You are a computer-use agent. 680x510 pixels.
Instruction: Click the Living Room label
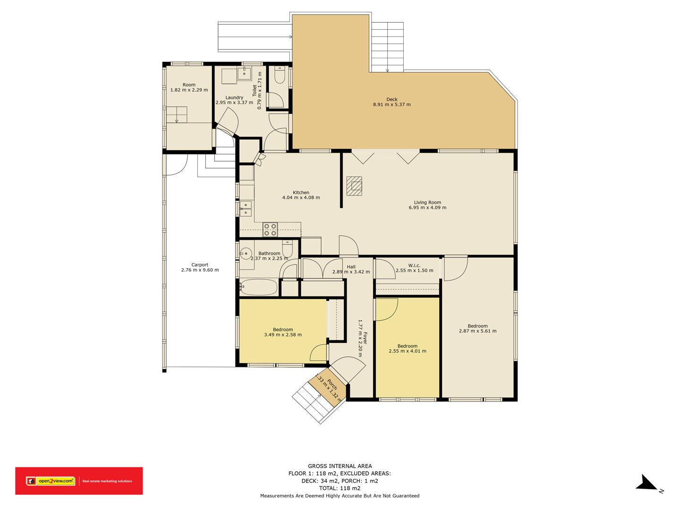click(x=427, y=202)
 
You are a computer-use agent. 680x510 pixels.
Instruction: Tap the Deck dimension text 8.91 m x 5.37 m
click(x=391, y=104)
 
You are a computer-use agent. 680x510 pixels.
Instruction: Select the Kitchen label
click(x=301, y=192)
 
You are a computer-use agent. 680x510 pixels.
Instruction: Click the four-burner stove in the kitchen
click(x=270, y=229)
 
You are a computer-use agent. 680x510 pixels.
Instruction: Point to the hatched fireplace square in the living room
click(x=354, y=186)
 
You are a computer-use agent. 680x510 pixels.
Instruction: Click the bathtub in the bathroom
click(x=259, y=287)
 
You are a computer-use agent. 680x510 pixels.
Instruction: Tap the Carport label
click(x=200, y=264)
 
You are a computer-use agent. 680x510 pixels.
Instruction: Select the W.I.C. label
click(x=414, y=265)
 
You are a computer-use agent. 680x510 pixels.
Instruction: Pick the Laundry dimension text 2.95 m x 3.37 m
click(x=234, y=102)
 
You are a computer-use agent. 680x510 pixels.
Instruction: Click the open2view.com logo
click(x=51, y=481)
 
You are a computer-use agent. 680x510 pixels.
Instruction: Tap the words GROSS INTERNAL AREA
click(x=340, y=466)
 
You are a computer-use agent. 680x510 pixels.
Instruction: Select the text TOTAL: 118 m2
click(x=340, y=488)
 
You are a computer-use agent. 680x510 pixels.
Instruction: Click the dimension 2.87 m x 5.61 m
click(x=477, y=331)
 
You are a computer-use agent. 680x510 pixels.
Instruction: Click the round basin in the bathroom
click(x=246, y=254)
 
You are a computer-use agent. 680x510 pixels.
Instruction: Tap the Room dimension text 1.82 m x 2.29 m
click(x=189, y=90)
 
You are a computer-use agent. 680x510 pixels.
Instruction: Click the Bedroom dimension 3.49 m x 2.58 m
click(x=283, y=334)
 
